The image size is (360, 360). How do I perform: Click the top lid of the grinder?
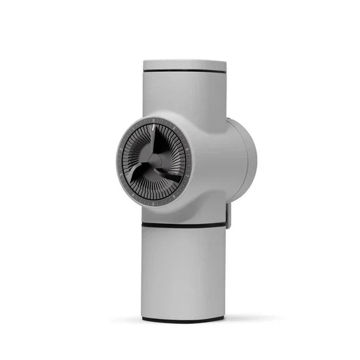coord(185,65)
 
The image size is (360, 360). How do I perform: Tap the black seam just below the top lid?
coord(185,71)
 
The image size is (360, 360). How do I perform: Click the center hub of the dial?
coord(154,160)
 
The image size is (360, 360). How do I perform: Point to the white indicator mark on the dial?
coord(153,128)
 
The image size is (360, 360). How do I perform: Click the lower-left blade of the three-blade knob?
coord(137,173)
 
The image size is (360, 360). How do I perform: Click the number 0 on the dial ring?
coord(153,120)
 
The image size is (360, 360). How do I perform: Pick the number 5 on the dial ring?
coord(153,204)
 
